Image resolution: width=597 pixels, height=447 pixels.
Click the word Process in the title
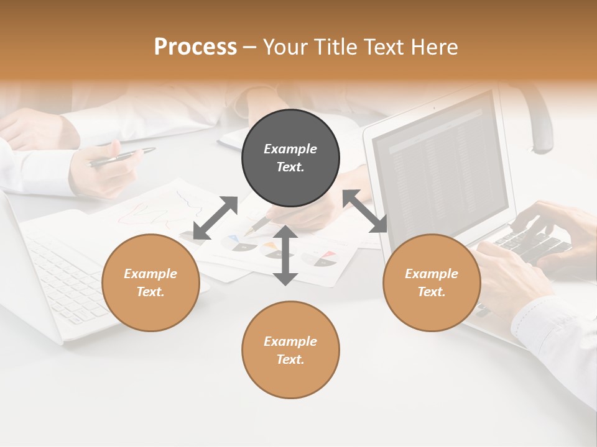195,47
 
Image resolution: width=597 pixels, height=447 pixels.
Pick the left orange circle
150,282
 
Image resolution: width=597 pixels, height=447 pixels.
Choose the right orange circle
432,282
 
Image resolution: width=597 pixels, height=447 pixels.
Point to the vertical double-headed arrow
285,255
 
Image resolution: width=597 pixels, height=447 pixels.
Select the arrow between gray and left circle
215,218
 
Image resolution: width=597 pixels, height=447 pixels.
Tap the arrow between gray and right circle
365,212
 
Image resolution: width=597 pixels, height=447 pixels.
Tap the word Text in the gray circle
290,167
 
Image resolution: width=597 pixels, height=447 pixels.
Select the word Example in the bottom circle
290,341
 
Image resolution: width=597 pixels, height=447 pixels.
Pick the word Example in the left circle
150,274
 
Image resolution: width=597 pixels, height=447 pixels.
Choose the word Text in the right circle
432,292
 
